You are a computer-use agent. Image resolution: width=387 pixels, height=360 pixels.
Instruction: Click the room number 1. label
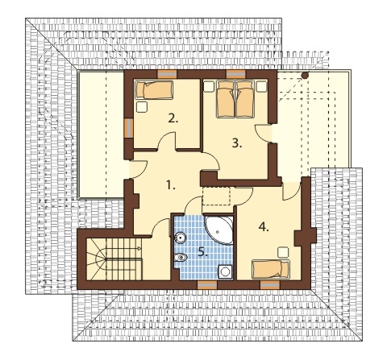(171, 185)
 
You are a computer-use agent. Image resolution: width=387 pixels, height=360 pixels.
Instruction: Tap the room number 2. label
(173, 118)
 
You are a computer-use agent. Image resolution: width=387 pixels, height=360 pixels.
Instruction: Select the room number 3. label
(237, 143)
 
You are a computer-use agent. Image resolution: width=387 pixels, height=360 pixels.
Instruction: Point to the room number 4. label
(264, 227)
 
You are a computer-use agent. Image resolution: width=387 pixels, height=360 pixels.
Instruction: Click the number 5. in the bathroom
(203, 252)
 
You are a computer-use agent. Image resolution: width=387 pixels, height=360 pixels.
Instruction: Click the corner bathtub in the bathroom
(219, 229)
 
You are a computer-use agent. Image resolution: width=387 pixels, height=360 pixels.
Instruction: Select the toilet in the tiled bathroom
(181, 258)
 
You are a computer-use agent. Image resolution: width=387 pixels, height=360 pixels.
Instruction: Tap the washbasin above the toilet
(180, 238)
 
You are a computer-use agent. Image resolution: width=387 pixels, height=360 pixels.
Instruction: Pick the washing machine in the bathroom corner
(225, 272)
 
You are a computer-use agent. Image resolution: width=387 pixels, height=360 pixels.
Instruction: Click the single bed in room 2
(154, 90)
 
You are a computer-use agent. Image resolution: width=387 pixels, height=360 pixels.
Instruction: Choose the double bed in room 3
(235, 99)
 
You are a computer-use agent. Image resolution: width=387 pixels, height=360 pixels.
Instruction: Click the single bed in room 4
(271, 269)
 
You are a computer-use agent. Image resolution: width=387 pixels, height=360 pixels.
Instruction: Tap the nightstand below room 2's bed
(142, 107)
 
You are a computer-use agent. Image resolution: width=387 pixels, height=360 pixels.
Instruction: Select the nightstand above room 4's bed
(283, 252)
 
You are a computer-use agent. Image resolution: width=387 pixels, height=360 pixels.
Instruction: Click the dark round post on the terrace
(305, 76)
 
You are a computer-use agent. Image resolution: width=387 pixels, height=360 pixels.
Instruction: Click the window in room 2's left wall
(129, 128)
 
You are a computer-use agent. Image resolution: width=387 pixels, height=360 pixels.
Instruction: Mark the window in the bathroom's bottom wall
(207, 285)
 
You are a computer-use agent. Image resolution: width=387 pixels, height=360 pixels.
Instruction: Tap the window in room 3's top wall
(236, 74)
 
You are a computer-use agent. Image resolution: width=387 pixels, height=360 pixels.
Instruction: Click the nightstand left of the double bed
(209, 86)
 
